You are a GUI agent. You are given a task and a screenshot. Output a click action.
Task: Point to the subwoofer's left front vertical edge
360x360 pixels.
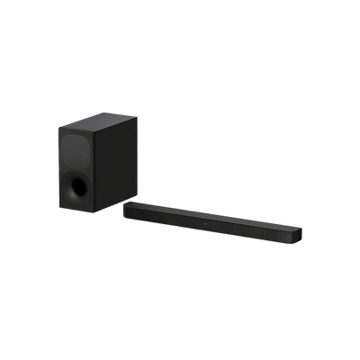(58, 166)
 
